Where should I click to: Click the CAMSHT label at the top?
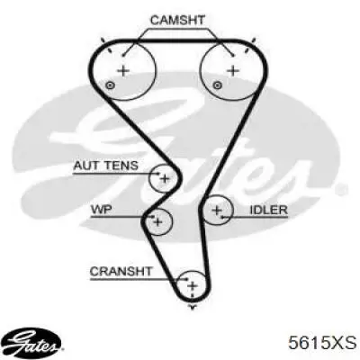(177, 20)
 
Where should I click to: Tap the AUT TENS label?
(106, 166)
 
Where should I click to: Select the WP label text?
(101, 209)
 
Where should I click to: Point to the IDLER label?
(268, 210)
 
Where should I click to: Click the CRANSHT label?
(121, 272)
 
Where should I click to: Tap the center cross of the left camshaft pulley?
(123, 71)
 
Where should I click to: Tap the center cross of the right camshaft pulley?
(233, 71)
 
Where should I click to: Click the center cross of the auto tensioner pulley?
(165, 179)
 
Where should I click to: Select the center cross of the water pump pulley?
(157, 222)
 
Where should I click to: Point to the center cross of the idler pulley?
(217, 210)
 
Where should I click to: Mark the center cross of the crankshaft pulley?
(193, 285)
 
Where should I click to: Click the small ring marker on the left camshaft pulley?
(111, 85)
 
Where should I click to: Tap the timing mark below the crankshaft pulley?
(193, 306)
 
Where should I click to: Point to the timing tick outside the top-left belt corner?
(103, 40)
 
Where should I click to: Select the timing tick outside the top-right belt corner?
(254, 40)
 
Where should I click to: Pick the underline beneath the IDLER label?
(255, 217)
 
